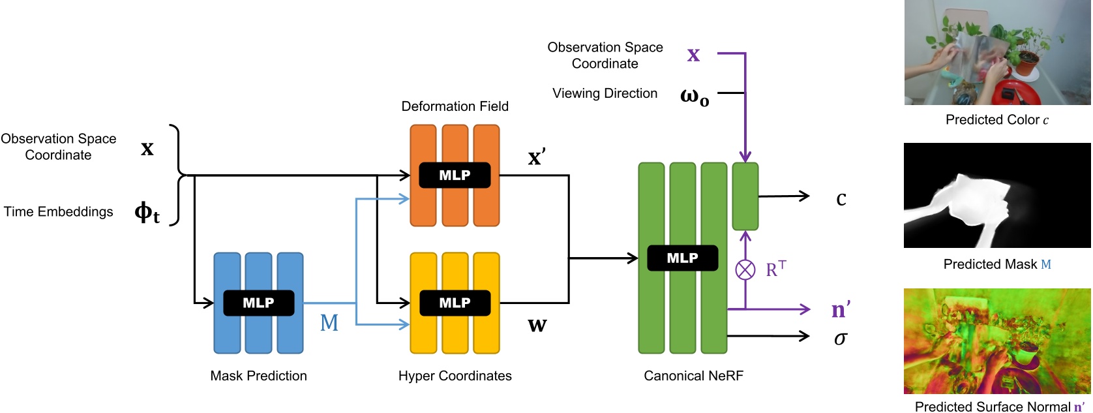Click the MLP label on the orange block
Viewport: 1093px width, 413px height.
[455, 176]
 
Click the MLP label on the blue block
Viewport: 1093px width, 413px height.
[258, 303]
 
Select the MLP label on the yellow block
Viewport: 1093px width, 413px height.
[455, 303]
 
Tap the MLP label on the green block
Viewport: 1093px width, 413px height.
[682, 258]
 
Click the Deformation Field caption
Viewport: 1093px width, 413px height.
[455, 106]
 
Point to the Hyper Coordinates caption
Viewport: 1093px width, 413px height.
[455, 376]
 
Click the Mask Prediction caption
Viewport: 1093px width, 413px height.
[258, 376]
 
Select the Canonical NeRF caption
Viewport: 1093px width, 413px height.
[693, 376]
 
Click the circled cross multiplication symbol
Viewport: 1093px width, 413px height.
[745, 269]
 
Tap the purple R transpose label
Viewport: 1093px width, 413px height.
[775, 269]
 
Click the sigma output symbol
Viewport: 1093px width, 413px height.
[841, 339]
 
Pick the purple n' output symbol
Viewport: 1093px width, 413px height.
[841, 309]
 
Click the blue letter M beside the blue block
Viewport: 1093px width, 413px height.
[329, 323]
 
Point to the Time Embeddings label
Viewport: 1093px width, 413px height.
[59, 212]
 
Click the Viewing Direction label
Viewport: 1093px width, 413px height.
[605, 93]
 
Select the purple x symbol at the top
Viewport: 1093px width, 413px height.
[693, 55]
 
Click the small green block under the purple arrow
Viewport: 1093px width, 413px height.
[745, 196]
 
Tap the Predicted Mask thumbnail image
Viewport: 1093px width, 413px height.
[997, 196]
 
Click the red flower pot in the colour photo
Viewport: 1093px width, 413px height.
[1028, 63]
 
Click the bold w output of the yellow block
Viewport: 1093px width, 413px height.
[537, 325]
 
